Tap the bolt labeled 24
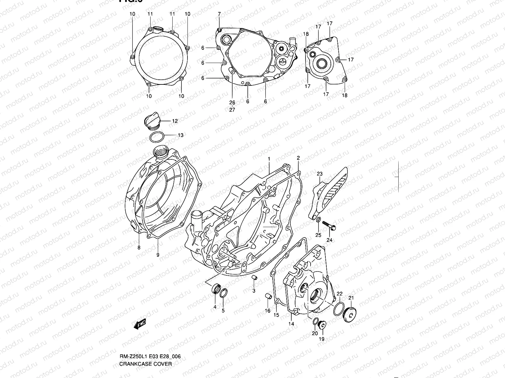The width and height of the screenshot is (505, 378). pos(329,226)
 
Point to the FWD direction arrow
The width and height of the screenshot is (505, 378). pos(139,324)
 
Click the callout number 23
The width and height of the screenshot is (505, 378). pos(319,174)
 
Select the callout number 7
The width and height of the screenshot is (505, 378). pos(219,14)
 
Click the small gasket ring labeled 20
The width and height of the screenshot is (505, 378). pos(315,321)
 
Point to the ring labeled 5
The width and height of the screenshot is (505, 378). pos(223,293)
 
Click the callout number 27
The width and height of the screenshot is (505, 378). pos(232,110)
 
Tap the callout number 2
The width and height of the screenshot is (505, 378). pos(298,158)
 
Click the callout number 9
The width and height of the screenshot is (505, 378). pos(158,255)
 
